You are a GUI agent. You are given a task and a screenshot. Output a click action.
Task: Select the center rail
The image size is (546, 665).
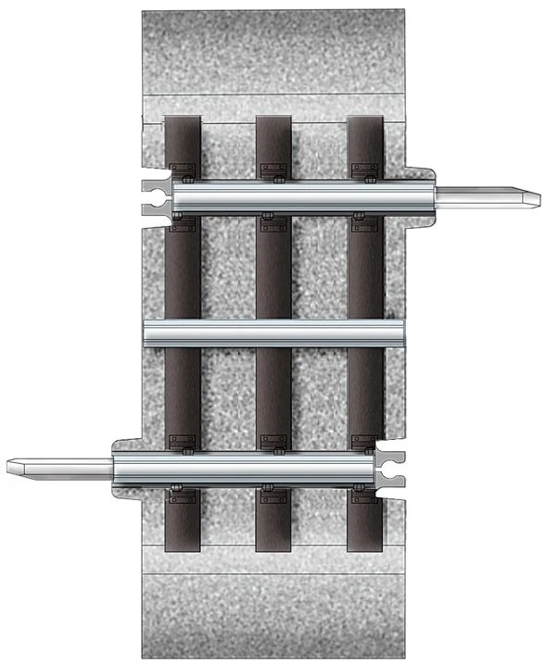pos(274,332)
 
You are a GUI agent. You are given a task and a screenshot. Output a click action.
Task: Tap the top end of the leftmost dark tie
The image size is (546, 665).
pos(183,123)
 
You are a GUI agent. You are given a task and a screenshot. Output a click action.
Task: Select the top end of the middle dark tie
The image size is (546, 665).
pos(274,123)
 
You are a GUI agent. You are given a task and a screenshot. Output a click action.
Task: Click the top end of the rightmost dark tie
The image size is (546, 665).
pos(365,123)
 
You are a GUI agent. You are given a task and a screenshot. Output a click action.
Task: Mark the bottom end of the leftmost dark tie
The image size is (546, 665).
pos(183,545)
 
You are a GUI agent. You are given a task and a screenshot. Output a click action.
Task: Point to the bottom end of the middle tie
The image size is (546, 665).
pos(274,545)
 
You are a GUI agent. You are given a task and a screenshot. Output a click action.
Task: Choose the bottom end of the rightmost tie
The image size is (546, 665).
pos(365,545)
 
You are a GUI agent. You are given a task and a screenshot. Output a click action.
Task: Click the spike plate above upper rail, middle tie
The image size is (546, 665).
pos(274,170)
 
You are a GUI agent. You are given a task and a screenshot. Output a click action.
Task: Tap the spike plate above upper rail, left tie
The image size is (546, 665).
pos(183,170)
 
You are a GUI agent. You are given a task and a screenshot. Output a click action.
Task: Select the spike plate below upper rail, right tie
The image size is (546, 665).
pos(365,223)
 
